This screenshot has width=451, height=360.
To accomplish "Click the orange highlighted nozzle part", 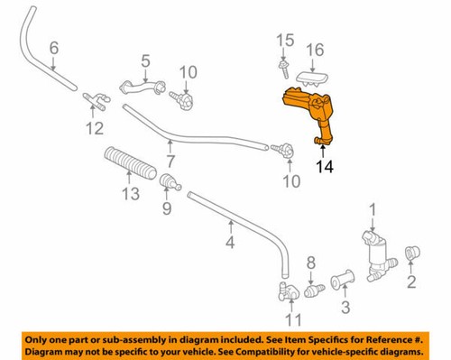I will tap(308, 113).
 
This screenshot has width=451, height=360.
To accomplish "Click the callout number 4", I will tap(230, 242).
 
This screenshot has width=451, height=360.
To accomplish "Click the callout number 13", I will tap(131, 195).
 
